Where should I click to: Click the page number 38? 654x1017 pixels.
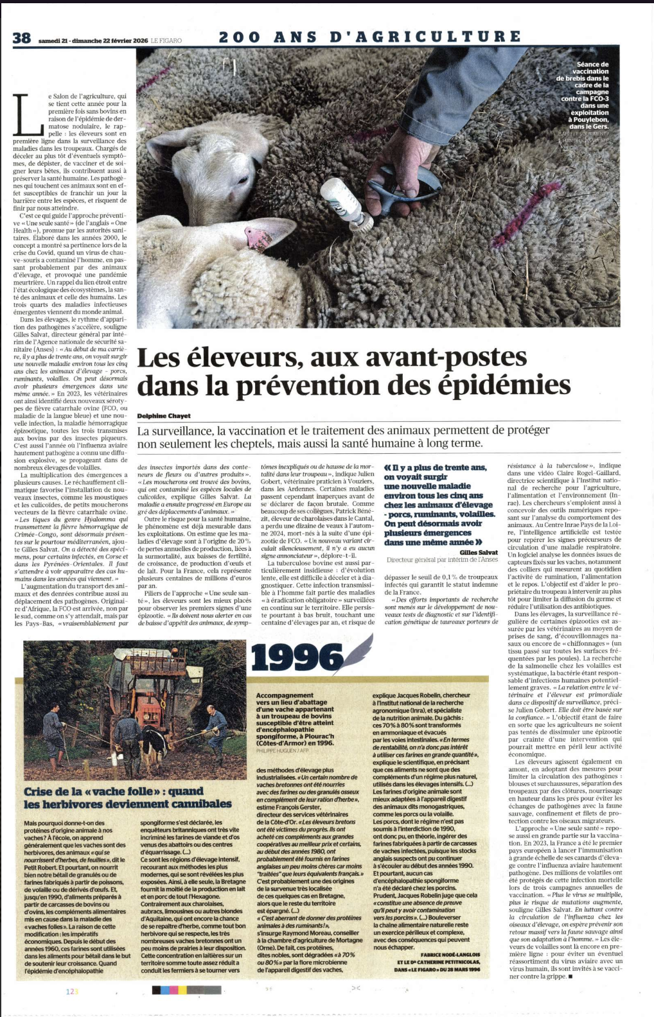[21, 38]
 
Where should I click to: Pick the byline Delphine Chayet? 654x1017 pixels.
[164, 416]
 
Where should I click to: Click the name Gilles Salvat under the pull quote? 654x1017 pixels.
[479, 552]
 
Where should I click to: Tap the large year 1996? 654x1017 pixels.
[297, 658]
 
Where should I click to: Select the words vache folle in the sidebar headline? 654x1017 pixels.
[120, 792]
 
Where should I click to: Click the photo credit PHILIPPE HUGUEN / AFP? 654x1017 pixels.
[282, 750]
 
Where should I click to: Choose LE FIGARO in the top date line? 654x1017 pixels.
[166, 40]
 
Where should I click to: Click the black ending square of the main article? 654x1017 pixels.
[570, 977]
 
